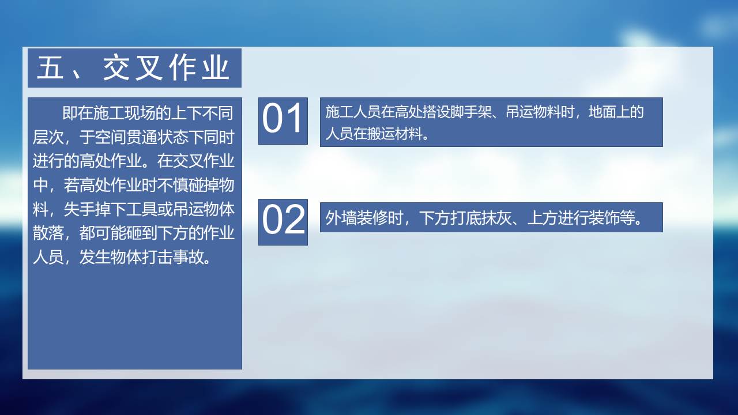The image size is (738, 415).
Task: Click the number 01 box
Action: tap(283, 121)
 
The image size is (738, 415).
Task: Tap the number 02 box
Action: tap(283, 222)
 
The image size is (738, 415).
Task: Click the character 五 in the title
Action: tap(50, 67)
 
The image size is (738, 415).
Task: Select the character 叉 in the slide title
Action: tap(149, 67)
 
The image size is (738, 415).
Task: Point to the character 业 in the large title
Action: tap(216, 67)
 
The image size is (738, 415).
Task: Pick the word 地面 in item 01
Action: tap(602, 112)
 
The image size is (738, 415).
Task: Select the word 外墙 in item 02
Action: tap(339, 218)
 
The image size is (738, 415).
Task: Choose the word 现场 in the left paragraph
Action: tap(140, 113)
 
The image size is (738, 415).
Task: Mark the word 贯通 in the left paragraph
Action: tap(141, 137)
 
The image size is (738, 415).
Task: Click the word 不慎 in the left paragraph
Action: tap(172, 185)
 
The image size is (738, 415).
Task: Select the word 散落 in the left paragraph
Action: tap(48, 233)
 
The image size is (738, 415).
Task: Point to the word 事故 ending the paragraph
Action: tap(188, 257)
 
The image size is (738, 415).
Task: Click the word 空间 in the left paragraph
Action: tap(110, 137)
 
